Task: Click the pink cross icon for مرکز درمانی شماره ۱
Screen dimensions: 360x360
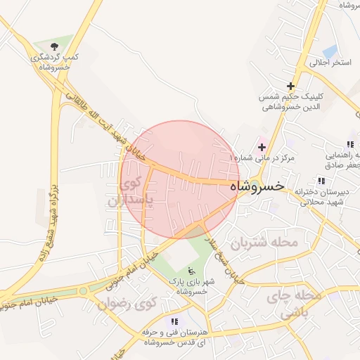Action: click(x=263, y=147)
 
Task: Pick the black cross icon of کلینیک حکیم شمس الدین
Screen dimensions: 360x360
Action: click(x=290, y=86)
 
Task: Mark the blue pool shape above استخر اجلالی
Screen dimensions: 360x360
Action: click(x=329, y=51)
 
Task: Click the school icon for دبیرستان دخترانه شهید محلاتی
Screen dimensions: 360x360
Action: click(x=321, y=181)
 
